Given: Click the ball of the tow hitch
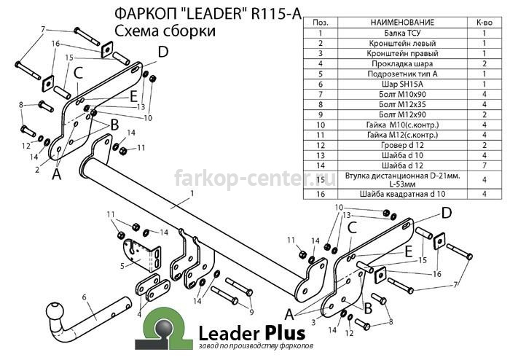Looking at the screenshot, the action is [55, 312].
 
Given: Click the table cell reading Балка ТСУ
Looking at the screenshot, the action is [402, 33].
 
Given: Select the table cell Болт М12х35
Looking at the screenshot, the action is [402, 104].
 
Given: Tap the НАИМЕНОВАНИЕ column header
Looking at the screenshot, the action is [402, 22].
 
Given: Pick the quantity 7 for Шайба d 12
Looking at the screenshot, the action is [484, 165].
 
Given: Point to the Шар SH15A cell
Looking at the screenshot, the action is [402, 85].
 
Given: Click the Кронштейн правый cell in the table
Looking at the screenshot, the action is [402, 53].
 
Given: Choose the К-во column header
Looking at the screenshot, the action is [484, 22].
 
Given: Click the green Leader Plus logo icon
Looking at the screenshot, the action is [164, 329].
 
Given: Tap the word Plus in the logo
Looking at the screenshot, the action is [285, 334].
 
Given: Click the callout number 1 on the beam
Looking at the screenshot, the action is [192, 194].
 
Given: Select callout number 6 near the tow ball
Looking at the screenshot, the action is [85, 297].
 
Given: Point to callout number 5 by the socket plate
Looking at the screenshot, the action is [122, 266].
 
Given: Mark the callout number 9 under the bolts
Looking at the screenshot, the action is [251, 312].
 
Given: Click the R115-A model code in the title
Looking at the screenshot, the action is [276, 14].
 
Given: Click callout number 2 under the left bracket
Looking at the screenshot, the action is [37, 170].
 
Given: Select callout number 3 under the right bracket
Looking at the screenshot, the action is [313, 323].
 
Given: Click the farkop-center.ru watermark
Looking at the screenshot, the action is [255, 179].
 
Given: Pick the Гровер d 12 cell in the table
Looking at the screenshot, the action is [402, 145].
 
